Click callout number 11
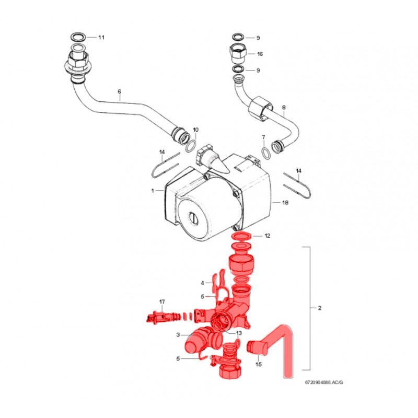point(101,37)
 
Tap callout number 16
point(260,54)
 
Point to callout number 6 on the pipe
point(119,91)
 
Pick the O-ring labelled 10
point(191,146)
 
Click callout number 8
point(284,108)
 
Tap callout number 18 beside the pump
point(285,203)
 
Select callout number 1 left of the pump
point(153,191)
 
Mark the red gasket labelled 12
point(242,237)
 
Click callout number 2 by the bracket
point(320,308)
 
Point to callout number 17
point(162,302)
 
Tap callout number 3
point(178,335)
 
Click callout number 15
point(259,364)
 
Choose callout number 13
point(239,333)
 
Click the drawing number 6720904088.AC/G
point(324,382)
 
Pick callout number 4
point(202,283)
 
